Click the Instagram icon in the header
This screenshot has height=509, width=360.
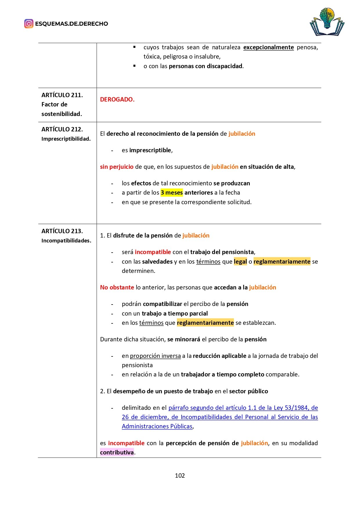(29, 23)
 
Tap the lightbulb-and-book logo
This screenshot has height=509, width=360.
(327, 22)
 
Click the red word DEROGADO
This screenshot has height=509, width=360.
(117, 99)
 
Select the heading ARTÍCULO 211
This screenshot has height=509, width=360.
(62, 95)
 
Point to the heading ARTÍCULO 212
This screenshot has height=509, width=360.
(62, 129)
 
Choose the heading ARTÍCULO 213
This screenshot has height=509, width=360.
(62, 231)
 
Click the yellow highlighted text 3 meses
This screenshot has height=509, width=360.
(172, 193)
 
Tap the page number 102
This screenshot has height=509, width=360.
(180, 476)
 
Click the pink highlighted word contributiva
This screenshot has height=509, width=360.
(117, 452)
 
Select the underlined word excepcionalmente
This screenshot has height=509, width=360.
(268, 47)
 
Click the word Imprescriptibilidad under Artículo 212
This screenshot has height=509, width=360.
(66, 139)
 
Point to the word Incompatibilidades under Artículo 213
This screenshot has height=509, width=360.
(66, 241)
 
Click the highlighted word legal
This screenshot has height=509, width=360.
(240, 262)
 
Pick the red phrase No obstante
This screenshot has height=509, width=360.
(117, 287)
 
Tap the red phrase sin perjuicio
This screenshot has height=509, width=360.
(117, 167)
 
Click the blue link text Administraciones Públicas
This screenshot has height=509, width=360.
(157, 426)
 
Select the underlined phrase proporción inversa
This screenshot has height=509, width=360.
(155, 356)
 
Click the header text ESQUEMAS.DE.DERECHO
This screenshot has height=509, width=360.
(71, 24)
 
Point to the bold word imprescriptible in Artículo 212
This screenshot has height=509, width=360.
(151, 150)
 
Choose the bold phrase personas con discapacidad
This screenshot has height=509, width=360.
(205, 66)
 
